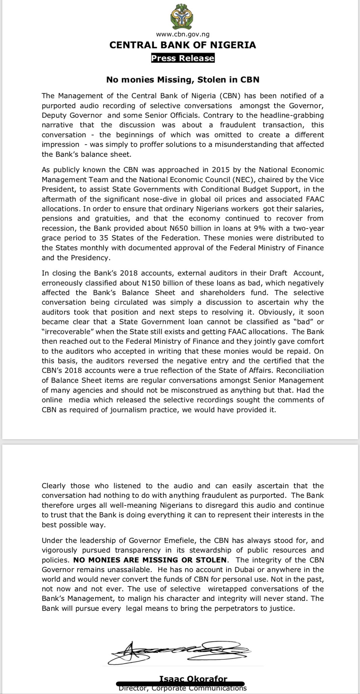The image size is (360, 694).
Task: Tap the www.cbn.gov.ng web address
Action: [x=183, y=34]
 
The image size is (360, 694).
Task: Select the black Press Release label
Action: [x=183, y=58]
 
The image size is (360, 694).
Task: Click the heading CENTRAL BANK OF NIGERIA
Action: [x=183, y=45]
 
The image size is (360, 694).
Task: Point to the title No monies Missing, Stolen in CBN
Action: [x=183, y=80]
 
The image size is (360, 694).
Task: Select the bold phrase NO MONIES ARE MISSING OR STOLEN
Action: [x=149, y=560]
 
